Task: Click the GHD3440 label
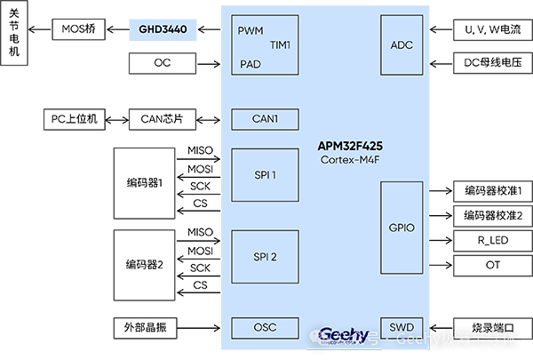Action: point(163,29)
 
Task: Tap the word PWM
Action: point(251,31)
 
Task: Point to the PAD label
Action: point(250,65)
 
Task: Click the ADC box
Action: point(402,45)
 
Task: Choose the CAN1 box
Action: point(263,119)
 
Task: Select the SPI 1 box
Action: point(263,174)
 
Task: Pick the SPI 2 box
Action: point(263,257)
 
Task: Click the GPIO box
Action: point(402,228)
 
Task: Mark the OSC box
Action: point(263,327)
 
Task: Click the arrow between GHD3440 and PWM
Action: point(210,29)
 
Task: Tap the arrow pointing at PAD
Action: point(210,63)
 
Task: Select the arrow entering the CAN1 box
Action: point(210,119)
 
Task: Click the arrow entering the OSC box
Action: point(210,327)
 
